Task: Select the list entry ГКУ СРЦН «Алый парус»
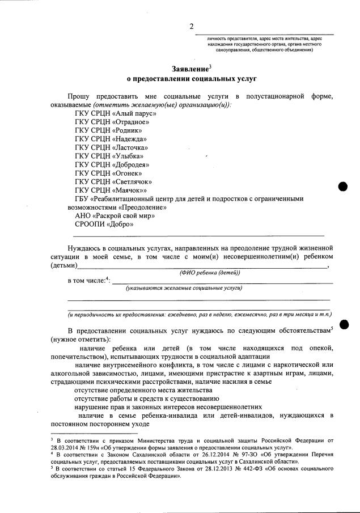[x=115, y=113]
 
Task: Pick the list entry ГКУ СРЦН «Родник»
[x=108, y=130]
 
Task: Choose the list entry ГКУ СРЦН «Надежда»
[x=111, y=139]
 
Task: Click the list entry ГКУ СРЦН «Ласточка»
[x=111, y=147]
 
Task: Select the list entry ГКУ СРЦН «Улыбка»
[x=109, y=156]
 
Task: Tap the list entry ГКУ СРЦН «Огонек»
[x=108, y=173]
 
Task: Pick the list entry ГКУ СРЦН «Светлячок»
[x=113, y=181]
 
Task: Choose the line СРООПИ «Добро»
[x=104, y=224]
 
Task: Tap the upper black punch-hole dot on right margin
[x=343, y=186]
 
